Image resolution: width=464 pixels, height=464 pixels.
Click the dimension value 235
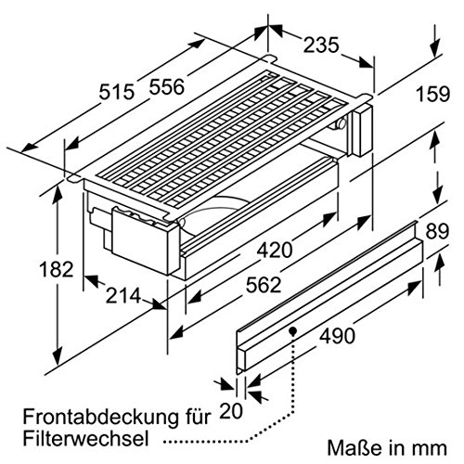(321, 45)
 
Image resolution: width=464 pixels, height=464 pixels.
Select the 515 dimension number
(117, 92)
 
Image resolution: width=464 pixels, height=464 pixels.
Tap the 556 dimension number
(167, 86)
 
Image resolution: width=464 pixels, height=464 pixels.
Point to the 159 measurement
(432, 94)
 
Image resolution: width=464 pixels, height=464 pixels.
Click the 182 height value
(57, 269)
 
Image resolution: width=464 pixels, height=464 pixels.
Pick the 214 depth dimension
(123, 296)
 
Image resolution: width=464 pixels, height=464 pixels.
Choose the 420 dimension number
(275, 250)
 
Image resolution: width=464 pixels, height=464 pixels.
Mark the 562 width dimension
(264, 285)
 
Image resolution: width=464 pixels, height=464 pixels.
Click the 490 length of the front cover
(337, 336)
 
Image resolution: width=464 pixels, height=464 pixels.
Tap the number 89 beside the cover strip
(437, 231)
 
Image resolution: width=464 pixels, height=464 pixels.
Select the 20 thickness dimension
(231, 411)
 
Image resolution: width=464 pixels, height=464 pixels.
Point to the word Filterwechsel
(85, 438)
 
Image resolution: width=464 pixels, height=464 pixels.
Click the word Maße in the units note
(354, 448)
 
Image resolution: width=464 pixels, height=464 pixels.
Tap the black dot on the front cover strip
(292, 331)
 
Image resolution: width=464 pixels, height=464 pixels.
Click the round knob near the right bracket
(341, 123)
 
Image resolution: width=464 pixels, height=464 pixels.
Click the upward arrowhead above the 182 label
(58, 194)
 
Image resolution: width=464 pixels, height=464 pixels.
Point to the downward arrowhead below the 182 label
(58, 355)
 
